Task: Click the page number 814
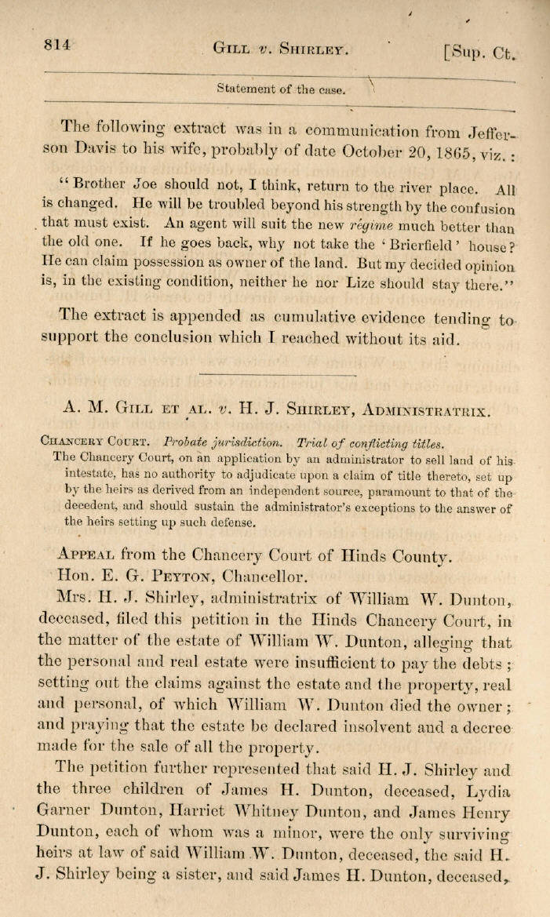pos(57,45)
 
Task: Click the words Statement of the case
pos(280,89)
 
